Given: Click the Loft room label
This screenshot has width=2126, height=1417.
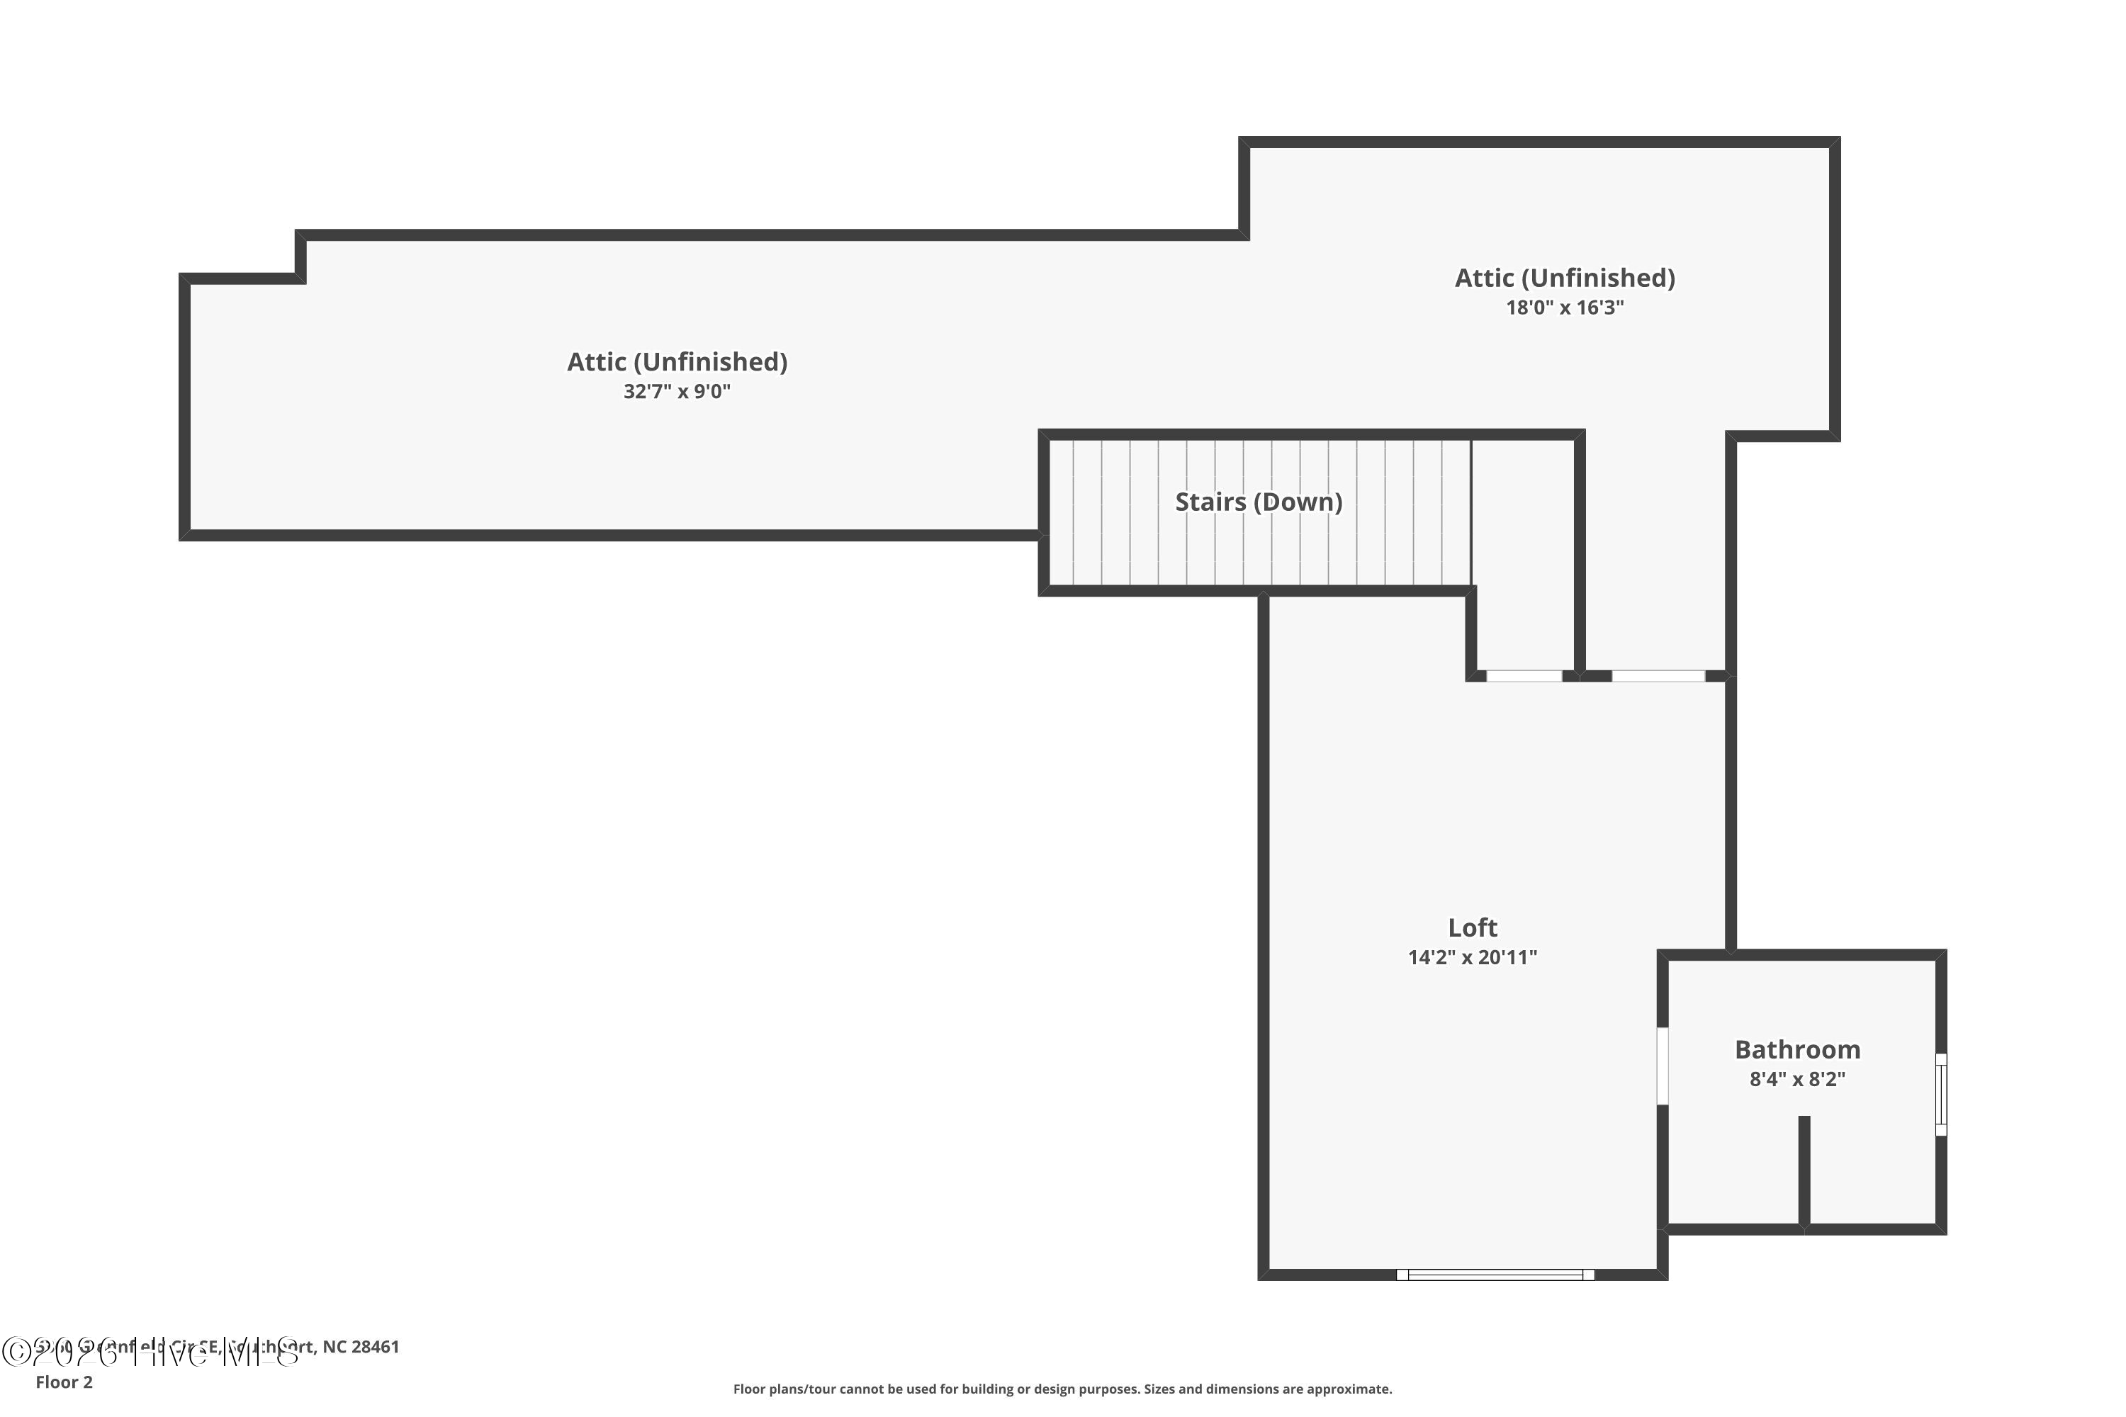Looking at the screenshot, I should [x=1473, y=928].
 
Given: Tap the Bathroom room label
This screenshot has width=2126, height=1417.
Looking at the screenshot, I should [x=1797, y=1050].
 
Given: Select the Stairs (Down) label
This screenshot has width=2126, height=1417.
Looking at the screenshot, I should [x=1259, y=502].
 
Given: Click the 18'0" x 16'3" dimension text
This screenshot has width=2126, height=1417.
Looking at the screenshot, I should [x=1565, y=308].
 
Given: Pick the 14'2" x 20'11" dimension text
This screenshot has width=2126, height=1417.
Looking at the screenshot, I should [x=1473, y=958].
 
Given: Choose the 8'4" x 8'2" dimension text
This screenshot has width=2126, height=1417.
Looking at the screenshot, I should [x=1797, y=1080].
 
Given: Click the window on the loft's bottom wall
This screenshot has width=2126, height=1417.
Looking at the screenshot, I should [x=1495, y=1275].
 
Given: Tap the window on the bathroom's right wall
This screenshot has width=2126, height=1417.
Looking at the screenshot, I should [x=1941, y=1095].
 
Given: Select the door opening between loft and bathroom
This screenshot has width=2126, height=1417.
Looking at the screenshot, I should [x=1663, y=1066].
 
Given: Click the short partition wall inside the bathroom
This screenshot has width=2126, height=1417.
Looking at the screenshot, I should [x=1804, y=1171].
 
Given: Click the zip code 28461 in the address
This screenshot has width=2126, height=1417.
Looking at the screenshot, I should [x=375, y=1348].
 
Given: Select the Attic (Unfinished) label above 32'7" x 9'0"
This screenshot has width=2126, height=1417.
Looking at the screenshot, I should [x=677, y=362].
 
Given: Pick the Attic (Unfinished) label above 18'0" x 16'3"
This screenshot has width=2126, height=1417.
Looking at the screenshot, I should [x=1565, y=278].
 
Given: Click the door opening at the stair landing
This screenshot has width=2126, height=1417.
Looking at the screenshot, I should [x=1524, y=676].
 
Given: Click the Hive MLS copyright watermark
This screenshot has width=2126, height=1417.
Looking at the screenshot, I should [x=149, y=1352].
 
